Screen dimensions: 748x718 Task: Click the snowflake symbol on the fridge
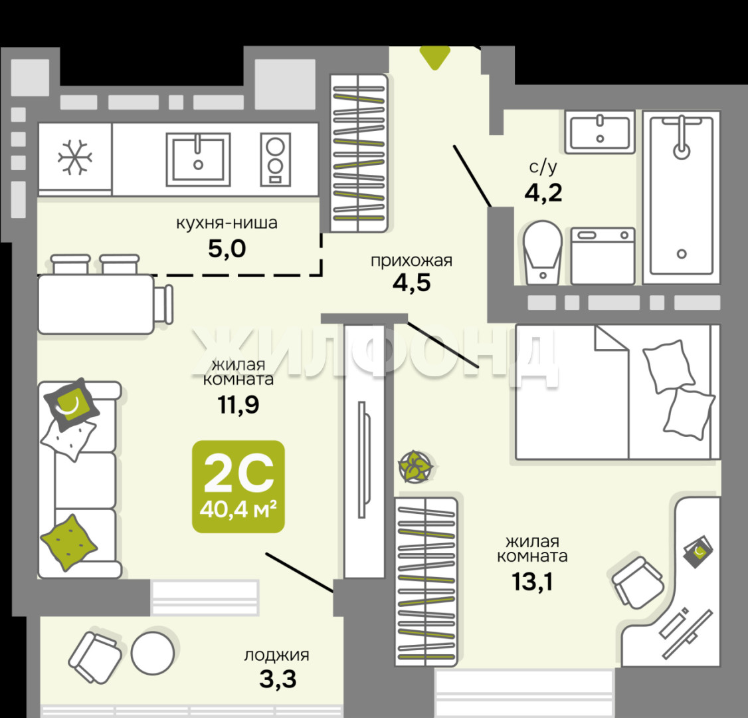tap(75, 157)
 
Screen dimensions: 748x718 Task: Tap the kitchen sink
tap(198, 159)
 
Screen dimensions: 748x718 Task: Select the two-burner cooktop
tap(275, 159)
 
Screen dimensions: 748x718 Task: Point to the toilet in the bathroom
tap(542, 253)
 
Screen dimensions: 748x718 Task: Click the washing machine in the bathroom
tap(603, 256)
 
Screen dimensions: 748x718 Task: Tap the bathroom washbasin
tap(600, 132)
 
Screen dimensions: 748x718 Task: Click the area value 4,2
tap(543, 193)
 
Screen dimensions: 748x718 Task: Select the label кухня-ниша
tap(227, 223)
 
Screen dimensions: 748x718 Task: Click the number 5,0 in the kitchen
tap(227, 248)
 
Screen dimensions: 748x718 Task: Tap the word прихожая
tap(411, 261)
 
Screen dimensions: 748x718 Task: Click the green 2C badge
tap(238, 486)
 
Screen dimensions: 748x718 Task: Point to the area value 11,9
tap(238, 404)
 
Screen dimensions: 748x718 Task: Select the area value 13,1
tap(532, 582)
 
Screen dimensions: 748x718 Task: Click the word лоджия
tap(277, 656)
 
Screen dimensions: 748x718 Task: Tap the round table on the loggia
tap(153, 653)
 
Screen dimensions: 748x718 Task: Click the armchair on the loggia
tap(94, 658)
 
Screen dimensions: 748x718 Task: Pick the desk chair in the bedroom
tap(637, 582)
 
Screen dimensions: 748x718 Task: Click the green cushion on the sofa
tap(69, 542)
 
